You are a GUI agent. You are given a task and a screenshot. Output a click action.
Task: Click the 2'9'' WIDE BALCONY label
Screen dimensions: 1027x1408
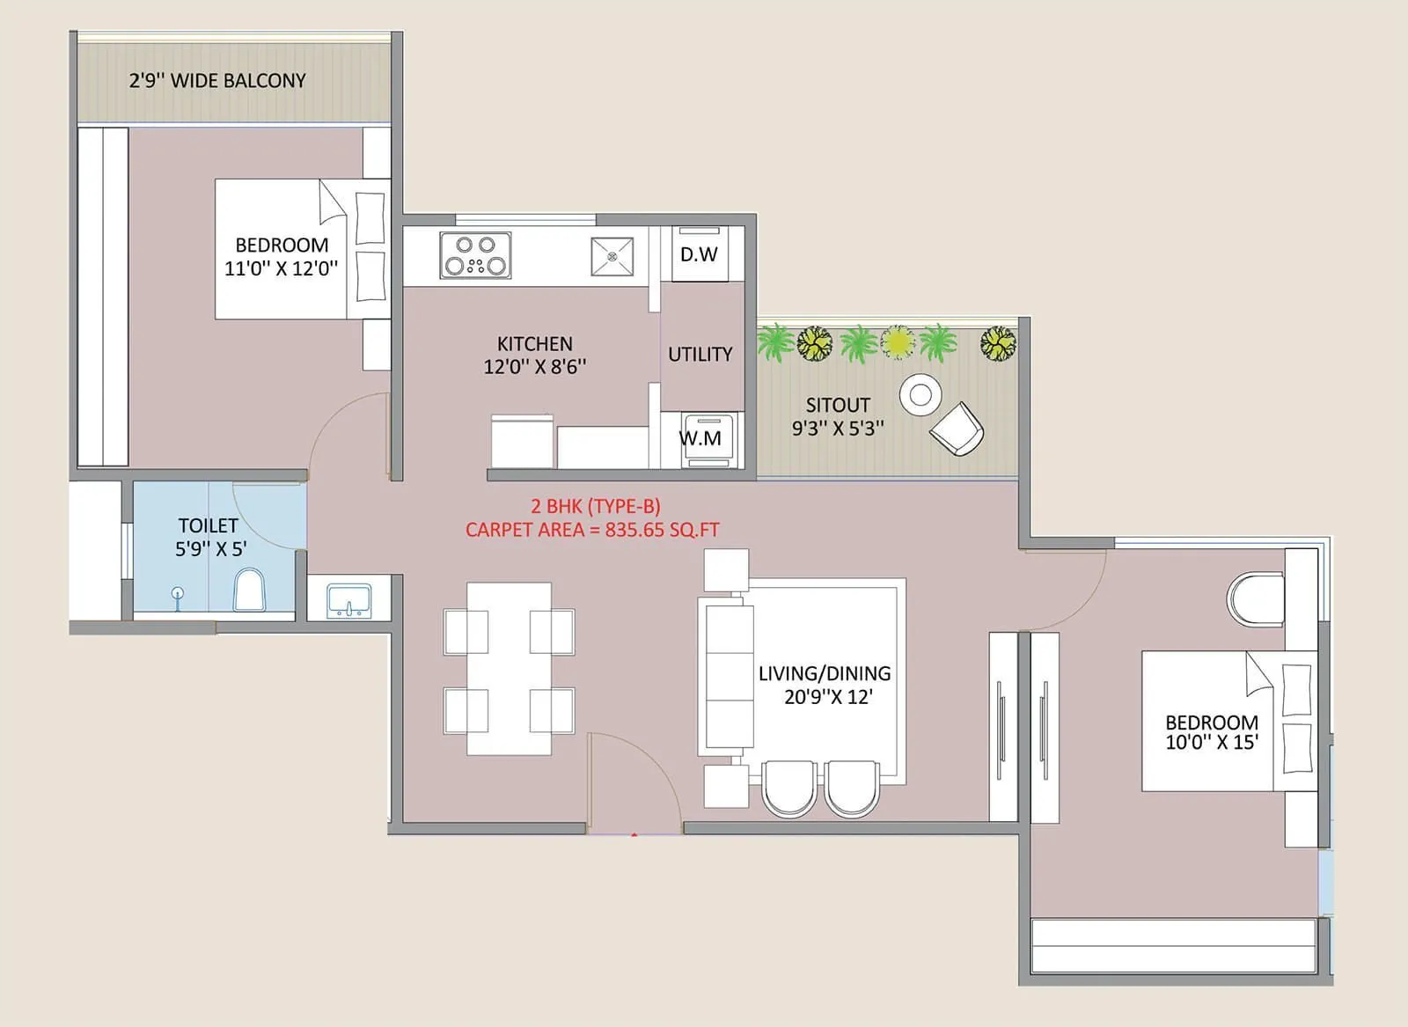pos(217,81)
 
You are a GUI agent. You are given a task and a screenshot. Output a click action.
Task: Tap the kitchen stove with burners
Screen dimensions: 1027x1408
pos(475,254)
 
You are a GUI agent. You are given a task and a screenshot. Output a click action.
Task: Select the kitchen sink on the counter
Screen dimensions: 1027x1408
pos(612,256)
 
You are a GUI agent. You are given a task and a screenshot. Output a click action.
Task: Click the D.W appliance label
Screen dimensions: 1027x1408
pos(700,254)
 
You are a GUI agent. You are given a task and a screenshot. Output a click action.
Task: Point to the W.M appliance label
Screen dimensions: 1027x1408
pos(700,437)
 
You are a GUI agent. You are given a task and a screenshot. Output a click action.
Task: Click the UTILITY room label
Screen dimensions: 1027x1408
pos(700,354)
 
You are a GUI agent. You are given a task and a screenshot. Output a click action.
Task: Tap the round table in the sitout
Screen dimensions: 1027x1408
pos(920,394)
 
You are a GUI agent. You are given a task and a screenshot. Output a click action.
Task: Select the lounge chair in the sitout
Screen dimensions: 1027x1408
pos(957,429)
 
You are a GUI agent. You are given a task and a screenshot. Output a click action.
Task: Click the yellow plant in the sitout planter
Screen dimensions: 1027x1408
pos(898,341)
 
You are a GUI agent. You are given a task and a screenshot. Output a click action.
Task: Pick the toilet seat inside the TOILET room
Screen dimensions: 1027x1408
pos(249,591)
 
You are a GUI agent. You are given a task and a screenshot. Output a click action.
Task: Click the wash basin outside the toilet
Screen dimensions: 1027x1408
pos(348,601)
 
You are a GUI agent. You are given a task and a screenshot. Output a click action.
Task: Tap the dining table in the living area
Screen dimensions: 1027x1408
pos(509,669)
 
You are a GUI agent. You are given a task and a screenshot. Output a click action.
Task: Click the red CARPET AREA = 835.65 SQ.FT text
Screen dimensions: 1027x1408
pos(592,530)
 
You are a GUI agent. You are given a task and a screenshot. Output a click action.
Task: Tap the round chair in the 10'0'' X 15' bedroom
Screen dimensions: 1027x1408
pos(1255,598)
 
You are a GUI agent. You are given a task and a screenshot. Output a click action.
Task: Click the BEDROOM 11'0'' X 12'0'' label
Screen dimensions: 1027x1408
pos(282,257)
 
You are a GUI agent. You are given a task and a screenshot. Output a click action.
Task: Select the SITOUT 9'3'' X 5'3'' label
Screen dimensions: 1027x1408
pos(838,416)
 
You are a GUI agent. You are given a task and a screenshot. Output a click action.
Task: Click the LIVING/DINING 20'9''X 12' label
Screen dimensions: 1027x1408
pos(825,685)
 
